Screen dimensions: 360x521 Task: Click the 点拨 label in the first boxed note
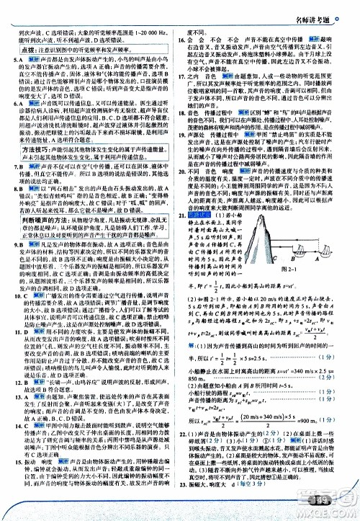coord(28,50)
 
